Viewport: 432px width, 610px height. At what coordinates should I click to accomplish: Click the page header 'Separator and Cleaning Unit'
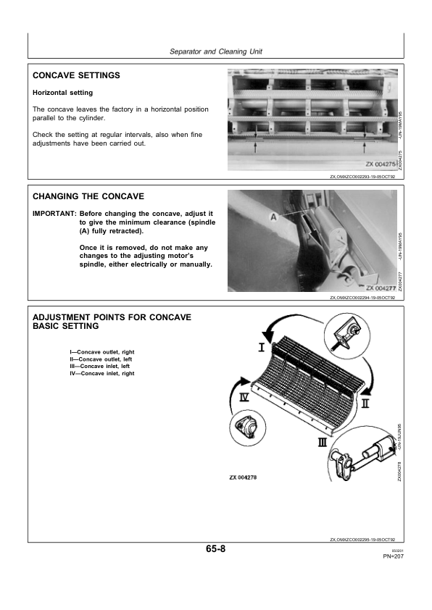pyautogui.click(x=216, y=51)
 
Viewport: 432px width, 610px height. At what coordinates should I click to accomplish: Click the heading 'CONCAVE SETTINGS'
pyautogui.click(x=76, y=75)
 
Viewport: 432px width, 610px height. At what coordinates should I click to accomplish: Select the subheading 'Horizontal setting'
pyautogui.click(x=62, y=93)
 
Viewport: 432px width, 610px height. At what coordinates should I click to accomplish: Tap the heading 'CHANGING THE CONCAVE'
pyautogui.click(x=88, y=196)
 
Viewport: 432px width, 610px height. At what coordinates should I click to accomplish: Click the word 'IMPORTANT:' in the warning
pyautogui.click(x=54, y=214)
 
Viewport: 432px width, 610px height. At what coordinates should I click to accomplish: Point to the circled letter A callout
pyautogui.click(x=273, y=217)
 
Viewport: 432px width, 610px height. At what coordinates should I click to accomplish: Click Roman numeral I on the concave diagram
pyautogui.click(x=262, y=346)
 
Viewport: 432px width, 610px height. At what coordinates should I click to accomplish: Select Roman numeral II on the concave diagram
pyautogui.click(x=365, y=403)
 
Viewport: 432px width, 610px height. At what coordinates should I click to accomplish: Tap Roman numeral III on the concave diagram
pyautogui.click(x=323, y=443)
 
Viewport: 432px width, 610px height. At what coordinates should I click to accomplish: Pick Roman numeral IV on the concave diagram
pyautogui.click(x=244, y=397)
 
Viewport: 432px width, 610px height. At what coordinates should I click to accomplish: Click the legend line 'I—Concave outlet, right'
pyautogui.click(x=102, y=352)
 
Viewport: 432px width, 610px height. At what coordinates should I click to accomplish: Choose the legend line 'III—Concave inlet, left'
pyautogui.click(x=99, y=366)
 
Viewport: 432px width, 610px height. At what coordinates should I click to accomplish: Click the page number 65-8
pyautogui.click(x=215, y=549)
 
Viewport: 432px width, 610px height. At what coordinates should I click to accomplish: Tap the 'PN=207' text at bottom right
pyautogui.click(x=394, y=556)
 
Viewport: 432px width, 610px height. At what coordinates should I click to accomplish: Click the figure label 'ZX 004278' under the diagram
pyautogui.click(x=243, y=477)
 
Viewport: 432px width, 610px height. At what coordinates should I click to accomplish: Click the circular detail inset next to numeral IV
pyautogui.click(x=248, y=428)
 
